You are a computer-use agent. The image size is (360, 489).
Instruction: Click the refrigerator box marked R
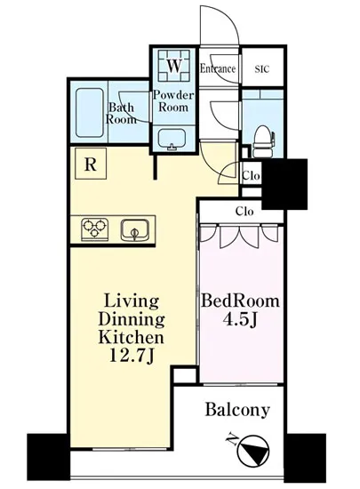pyautogui.click(x=91, y=164)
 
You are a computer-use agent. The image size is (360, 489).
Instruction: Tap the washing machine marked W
pyautogui.click(x=174, y=66)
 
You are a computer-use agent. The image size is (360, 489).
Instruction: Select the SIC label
pyautogui.click(x=262, y=68)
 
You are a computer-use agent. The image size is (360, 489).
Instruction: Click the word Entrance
pyautogui.click(x=218, y=68)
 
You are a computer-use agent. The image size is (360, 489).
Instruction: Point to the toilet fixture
pyautogui.click(x=264, y=141)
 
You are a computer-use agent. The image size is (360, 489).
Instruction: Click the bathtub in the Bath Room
pyautogui.click(x=90, y=113)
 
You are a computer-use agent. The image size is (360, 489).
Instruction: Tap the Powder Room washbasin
pyautogui.click(x=172, y=139)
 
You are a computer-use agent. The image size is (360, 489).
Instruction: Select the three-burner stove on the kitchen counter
pyautogui.click(x=94, y=228)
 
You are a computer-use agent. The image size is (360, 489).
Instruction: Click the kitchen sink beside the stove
pyautogui.click(x=135, y=229)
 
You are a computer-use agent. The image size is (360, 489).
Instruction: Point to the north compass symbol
pyautogui.click(x=253, y=450)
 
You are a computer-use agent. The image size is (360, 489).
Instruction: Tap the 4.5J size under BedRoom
pyautogui.click(x=239, y=319)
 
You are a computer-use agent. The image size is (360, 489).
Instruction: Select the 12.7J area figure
pyautogui.click(x=132, y=356)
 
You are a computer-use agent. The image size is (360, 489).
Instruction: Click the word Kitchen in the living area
pyautogui.click(x=131, y=337)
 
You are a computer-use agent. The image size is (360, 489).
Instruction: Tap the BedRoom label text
pyautogui.click(x=240, y=301)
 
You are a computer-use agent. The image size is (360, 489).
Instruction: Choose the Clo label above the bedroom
pyautogui.click(x=244, y=212)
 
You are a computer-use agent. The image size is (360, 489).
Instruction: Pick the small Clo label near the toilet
pyautogui.click(x=251, y=175)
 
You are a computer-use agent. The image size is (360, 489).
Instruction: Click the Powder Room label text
pyautogui.click(x=173, y=100)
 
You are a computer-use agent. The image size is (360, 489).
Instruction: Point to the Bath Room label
pyautogui.click(x=121, y=114)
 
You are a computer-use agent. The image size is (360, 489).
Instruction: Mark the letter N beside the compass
pyautogui.click(x=231, y=440)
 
